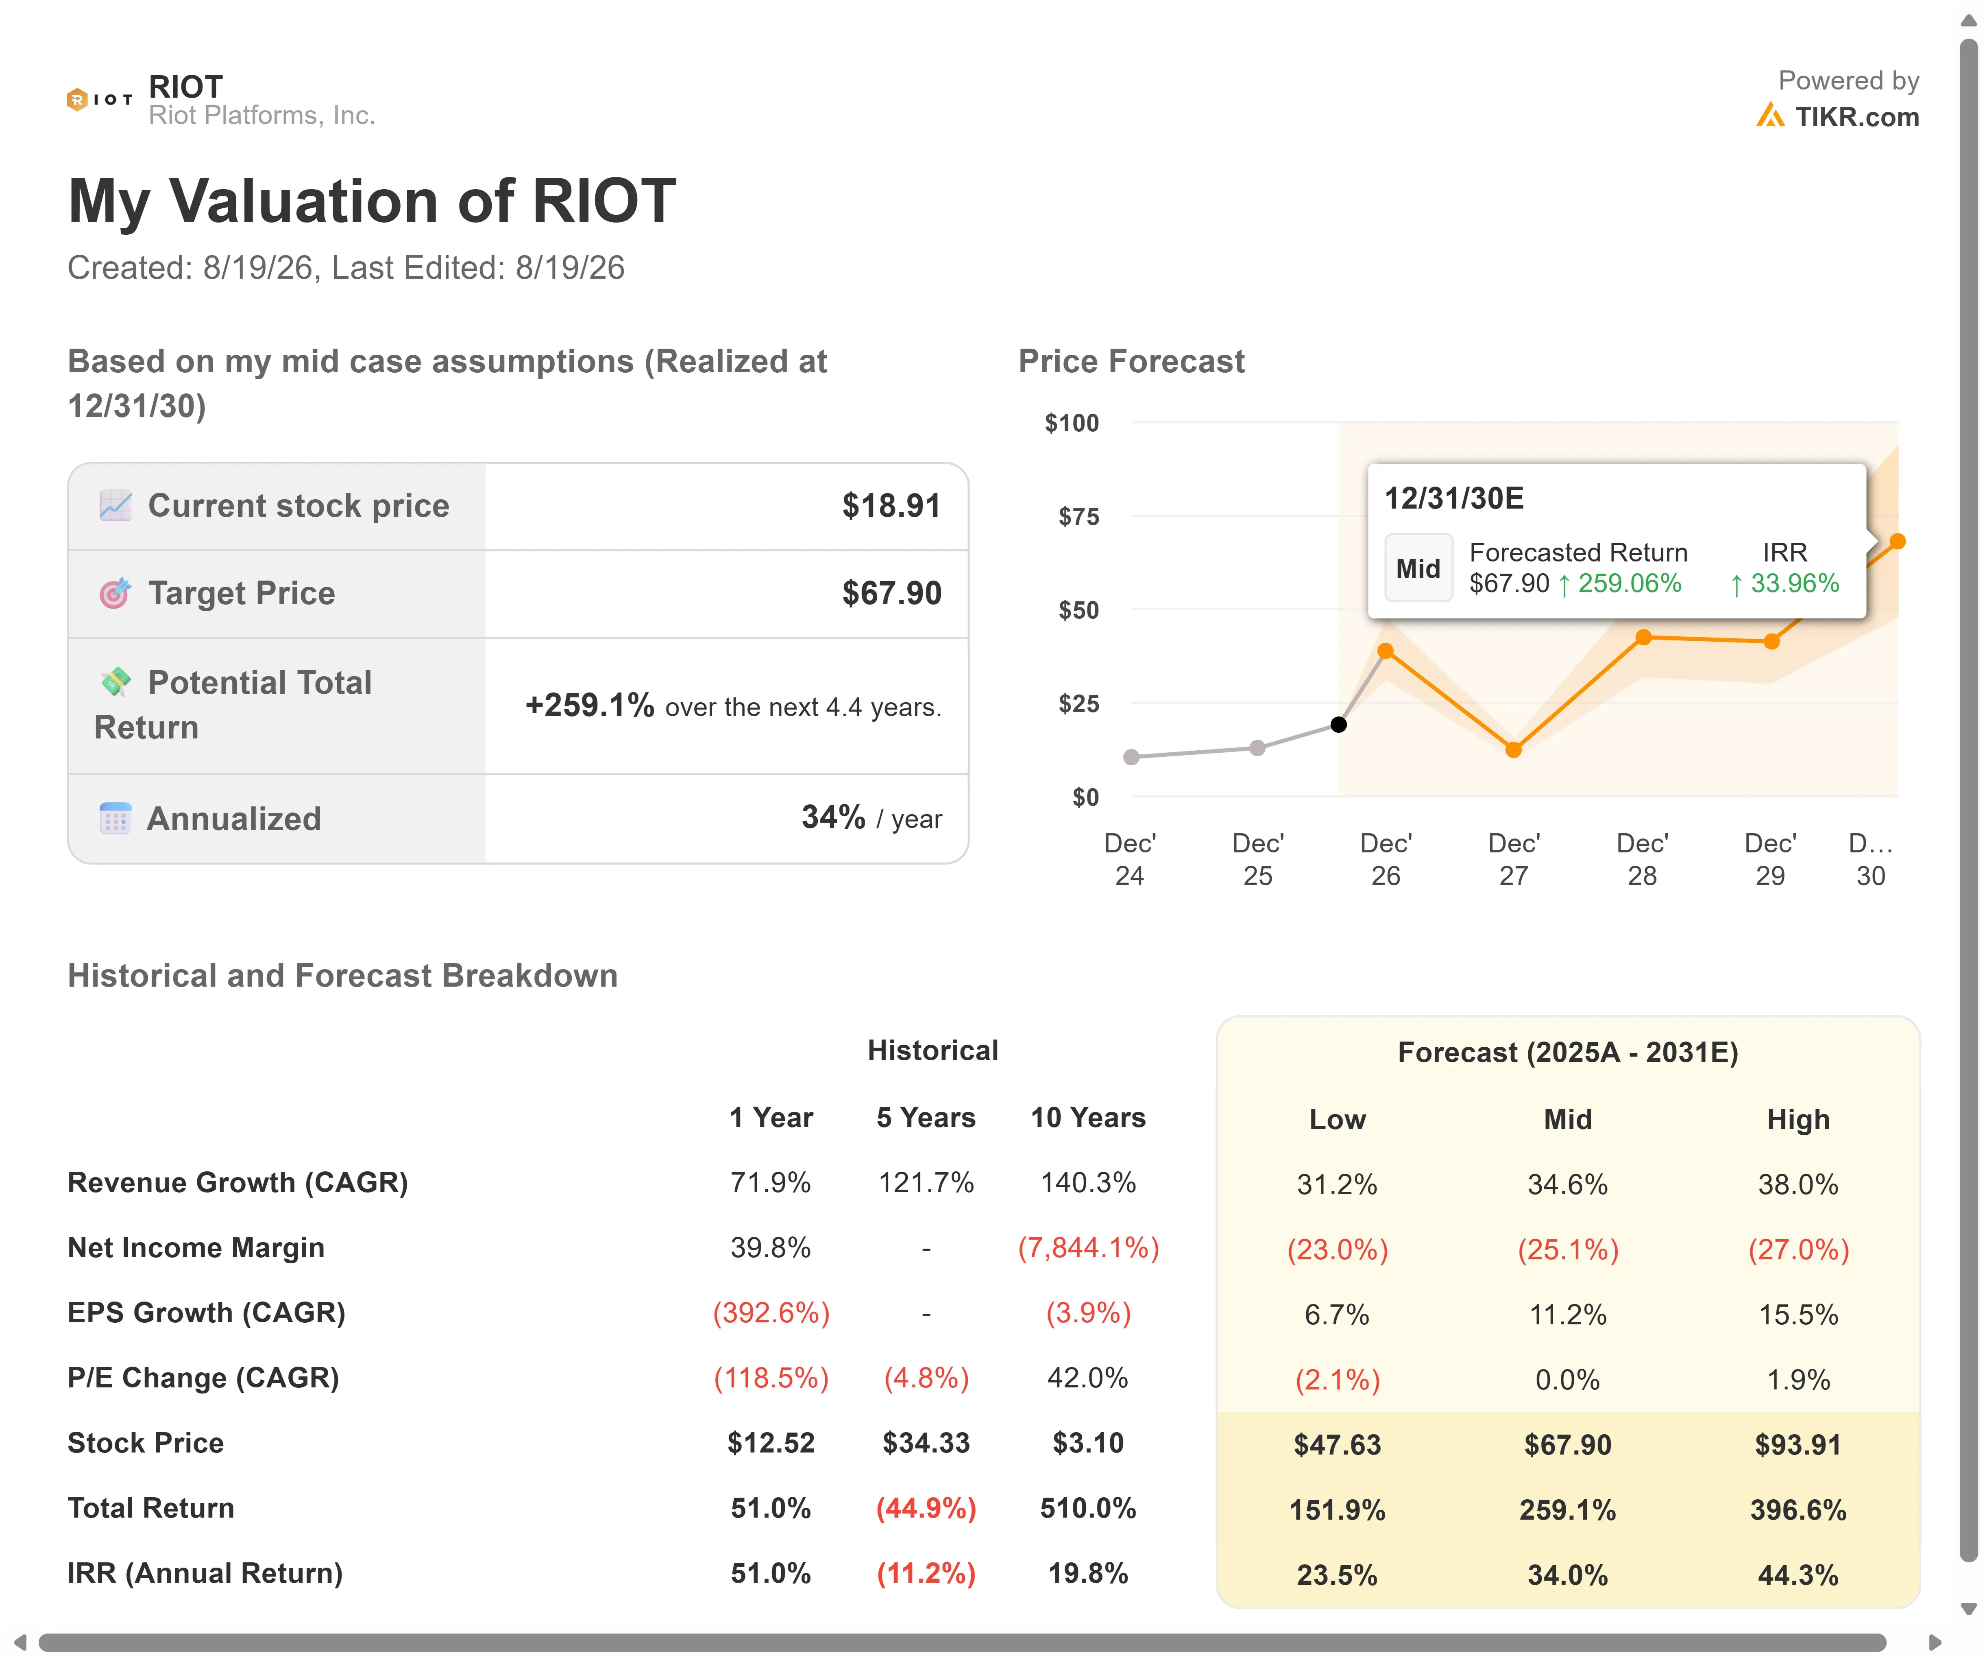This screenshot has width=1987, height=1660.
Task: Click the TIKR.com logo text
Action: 1856,117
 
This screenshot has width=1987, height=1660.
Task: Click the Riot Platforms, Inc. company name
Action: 262,116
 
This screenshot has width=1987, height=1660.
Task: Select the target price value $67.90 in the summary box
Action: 891,593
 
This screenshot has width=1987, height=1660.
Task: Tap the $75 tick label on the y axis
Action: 1078,517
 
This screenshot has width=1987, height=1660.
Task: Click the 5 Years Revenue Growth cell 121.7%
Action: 926,1183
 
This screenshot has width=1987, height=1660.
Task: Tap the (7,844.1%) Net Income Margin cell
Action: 1088,1248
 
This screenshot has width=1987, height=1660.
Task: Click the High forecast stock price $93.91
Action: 1798,1445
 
